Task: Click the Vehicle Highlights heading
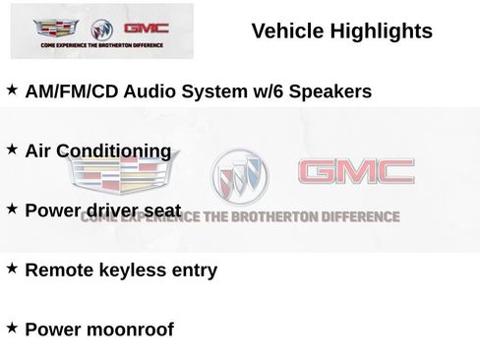pyautogui.click(x=341, y=31)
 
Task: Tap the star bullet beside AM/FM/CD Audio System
pyautogui.click(x=13, y=90)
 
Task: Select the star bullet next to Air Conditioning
pyautogui.click(x=13, y=150)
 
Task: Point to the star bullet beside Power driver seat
pyautogui.click(x=13, y=209)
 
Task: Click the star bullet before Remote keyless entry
pyautogui.click(x=13, y=268)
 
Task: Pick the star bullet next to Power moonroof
pyautogui.click(x=13, y=328)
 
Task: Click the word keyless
pyautogui.click(x=125, y=270)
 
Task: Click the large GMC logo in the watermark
pyautogui.click(x=356, y=173)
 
